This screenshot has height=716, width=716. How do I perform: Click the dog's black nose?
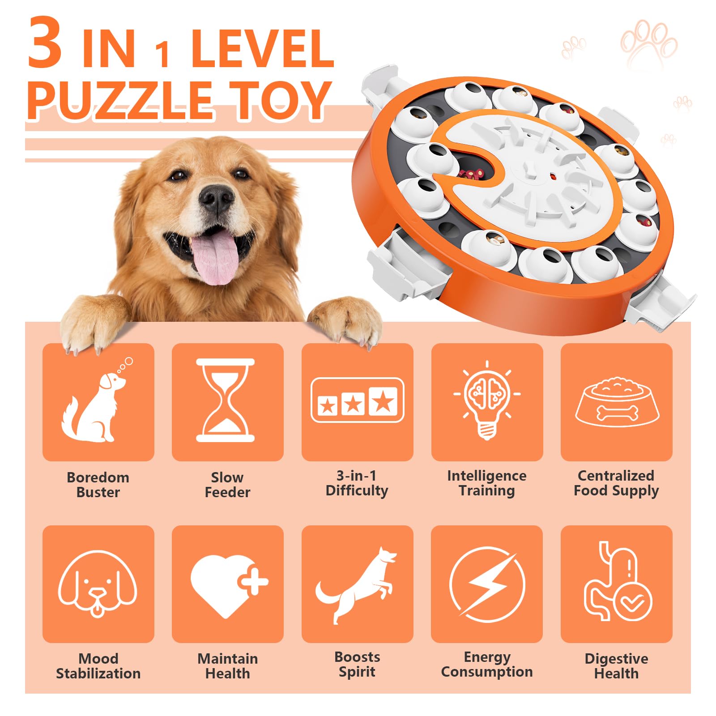(217, 198)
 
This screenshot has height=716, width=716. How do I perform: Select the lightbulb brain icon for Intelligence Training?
(487, 400)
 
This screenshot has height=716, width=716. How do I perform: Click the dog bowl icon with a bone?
(617, 402)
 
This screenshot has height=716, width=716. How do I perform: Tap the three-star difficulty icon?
(357, 400)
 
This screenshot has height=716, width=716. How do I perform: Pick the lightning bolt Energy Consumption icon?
(487, 584)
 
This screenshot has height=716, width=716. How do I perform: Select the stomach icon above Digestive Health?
(617, 582)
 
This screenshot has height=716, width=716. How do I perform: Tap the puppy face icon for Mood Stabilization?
(98, 584)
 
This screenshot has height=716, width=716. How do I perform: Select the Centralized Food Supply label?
(616, 483)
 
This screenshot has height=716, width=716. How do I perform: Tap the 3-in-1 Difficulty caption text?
(357, 483)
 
